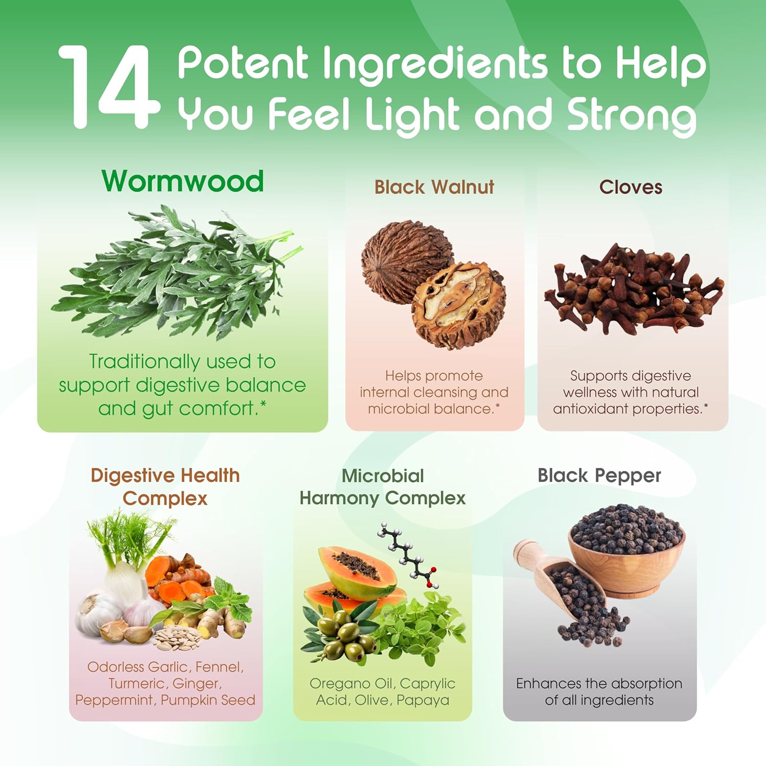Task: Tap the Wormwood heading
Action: tap(183, 181)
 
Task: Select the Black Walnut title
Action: tap(434, 187)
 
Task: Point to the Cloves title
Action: tap(631, 187)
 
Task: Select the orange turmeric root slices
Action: tap(179, 577)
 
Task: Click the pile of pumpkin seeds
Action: tap(176, 637)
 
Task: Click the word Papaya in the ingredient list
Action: tap(423, 701)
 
